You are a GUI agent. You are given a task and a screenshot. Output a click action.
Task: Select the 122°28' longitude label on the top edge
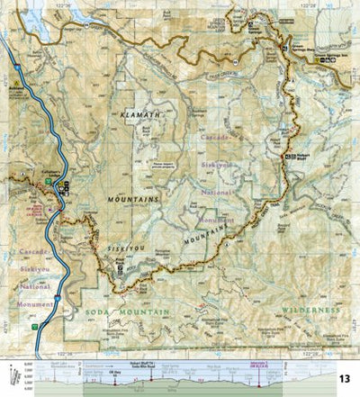click(307, 5)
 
